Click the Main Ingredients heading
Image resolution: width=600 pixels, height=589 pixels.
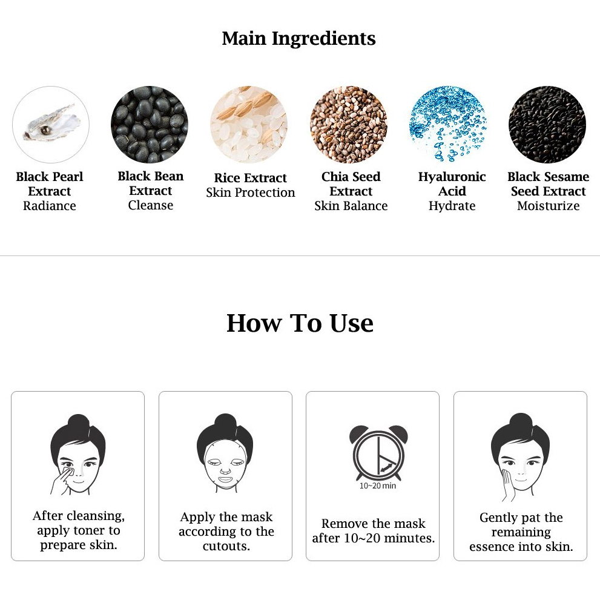(299, 39)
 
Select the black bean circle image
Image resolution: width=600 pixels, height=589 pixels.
(149, 125)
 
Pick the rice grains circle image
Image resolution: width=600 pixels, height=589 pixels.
(249, 125)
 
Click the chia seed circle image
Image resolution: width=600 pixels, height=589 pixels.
(349, 125)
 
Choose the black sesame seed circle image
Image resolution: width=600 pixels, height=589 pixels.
(547, 125)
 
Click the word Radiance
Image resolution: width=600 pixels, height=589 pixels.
(50, 206)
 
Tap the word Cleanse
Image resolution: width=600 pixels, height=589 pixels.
(150, 205)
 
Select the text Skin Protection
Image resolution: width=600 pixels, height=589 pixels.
(251, 192)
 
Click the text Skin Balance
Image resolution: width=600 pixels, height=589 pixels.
(351, 206)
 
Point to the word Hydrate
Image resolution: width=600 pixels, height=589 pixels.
(452, 206)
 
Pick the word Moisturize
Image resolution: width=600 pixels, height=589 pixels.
(549, 206)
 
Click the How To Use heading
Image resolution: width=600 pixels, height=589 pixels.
(300, 323)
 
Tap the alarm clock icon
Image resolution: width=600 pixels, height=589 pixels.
(378, 452)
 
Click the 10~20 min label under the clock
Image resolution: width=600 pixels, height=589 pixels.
(378, 485)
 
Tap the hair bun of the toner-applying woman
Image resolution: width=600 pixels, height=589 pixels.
(78, 423)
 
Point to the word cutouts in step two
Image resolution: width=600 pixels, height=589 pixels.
(226, 546)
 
